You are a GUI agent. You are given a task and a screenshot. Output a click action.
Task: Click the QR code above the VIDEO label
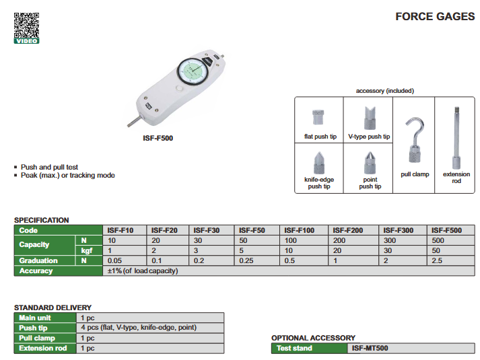(27, 26)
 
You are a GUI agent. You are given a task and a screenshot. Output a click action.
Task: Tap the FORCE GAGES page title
(435, 17)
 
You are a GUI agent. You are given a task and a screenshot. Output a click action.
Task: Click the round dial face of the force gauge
(193, 71)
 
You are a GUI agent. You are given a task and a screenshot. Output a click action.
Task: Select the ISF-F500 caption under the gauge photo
(158, 138)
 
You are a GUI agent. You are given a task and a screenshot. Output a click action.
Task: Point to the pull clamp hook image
(415, 139)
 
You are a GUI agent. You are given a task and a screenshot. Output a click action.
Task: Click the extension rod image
(456, 138)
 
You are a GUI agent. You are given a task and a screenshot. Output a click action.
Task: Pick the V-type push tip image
(370, 118)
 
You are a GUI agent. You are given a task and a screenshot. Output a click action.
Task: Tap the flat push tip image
(318, 117)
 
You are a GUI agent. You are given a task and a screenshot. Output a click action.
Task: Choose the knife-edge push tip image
(319, 163)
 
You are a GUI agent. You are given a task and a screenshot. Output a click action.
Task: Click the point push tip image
(370, 163)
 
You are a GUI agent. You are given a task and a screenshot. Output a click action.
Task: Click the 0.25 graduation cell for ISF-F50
(246, 260)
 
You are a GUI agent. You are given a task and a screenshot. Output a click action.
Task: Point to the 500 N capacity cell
(438, 240)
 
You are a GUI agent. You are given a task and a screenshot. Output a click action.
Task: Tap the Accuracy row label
(36, 271)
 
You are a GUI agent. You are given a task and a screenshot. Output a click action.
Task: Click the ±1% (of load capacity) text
(143, 271)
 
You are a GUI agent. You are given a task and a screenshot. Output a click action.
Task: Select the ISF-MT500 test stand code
(370, 348)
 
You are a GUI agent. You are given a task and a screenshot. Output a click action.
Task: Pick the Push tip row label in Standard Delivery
(33, 328)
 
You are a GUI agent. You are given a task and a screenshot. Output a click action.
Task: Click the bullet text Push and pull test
(49, 167)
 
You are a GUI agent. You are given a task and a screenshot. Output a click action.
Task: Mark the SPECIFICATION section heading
(41, 220)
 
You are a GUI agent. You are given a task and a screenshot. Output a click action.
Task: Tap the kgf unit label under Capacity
(87, 251)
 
